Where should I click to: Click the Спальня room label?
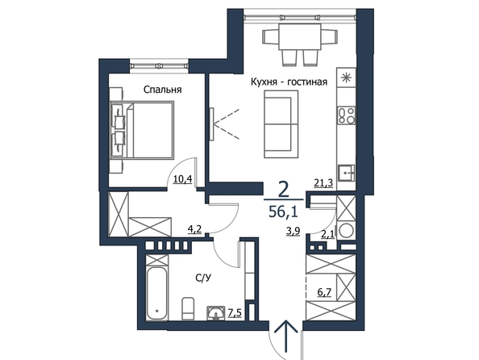click(163, 90)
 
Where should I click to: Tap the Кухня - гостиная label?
click(289, 82)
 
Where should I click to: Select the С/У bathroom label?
click(204, 278)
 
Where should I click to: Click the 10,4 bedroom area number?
click(182, 179)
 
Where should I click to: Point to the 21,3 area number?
click(323, 183)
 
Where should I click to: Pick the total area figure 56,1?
click(283, 211)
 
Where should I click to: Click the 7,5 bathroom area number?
click(235, 312)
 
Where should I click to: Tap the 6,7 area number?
click(324, 292)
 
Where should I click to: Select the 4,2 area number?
click(194, 228)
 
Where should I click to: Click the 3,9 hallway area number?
click(293, 231)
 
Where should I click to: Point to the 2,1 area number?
click(327, 234)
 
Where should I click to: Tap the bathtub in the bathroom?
click(156, 294)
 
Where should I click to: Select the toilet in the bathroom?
click(188, 308)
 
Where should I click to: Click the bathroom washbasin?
click(216, 313)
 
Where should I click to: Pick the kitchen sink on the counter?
click(347, 174)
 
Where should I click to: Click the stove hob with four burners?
click(347, 115)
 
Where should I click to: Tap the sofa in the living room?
click(281, 124)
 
